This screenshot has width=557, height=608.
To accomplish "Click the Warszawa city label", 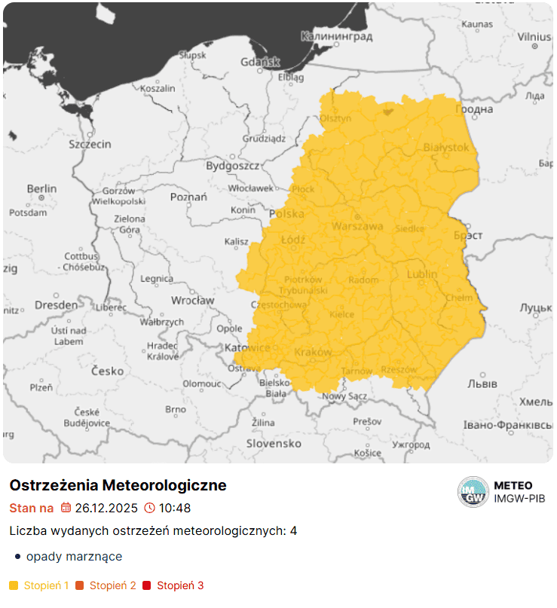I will [358, 226].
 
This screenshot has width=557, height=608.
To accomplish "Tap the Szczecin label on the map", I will [90, 144].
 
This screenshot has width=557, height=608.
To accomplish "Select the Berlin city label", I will [41, 188].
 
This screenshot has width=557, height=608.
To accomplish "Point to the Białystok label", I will [446, 147].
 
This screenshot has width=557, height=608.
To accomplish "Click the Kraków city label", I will [313, 352].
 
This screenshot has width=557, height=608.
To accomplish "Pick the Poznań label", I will [188, 197].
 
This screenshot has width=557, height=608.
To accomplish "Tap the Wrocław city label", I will [192, 300].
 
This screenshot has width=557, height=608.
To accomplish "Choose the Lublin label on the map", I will [421, 274].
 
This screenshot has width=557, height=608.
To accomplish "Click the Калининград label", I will [337, 36].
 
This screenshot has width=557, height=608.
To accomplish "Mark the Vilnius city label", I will [534, 36].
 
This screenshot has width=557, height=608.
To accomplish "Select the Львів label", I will [482, 383].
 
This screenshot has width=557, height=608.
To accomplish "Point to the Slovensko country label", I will [274, 444].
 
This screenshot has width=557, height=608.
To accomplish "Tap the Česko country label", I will [107, 371].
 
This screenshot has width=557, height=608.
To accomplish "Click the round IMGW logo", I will [473, 492].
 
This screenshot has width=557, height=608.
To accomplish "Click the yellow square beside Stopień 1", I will [14, 585].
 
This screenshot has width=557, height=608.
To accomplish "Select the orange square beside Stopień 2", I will [80, 585].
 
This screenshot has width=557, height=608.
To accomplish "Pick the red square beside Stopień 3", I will [147, 585].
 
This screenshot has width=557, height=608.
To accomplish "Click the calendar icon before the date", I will [66, 508].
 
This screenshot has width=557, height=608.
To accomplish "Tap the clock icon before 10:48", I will [149, 508].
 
